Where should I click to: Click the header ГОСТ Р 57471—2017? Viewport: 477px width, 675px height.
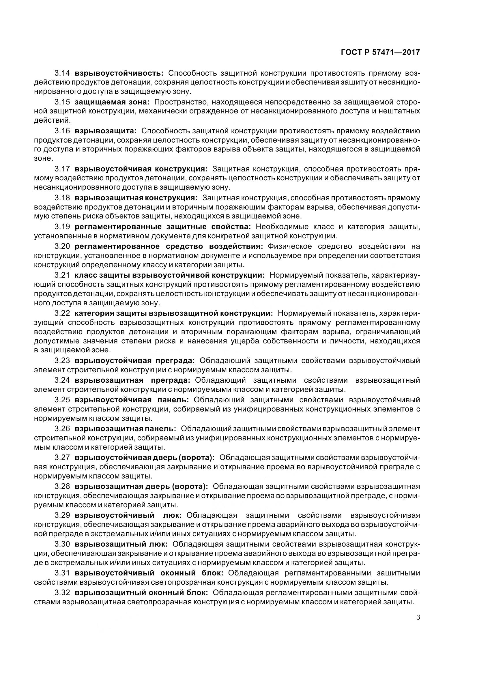(x=380, y=52)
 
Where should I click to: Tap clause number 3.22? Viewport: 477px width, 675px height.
(x=62, y=313)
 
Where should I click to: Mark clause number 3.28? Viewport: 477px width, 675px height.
(x=62, y=487)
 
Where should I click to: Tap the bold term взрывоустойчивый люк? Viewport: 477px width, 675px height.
(x=128, y=515)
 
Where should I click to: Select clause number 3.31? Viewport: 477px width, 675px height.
(x=62, y=573)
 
